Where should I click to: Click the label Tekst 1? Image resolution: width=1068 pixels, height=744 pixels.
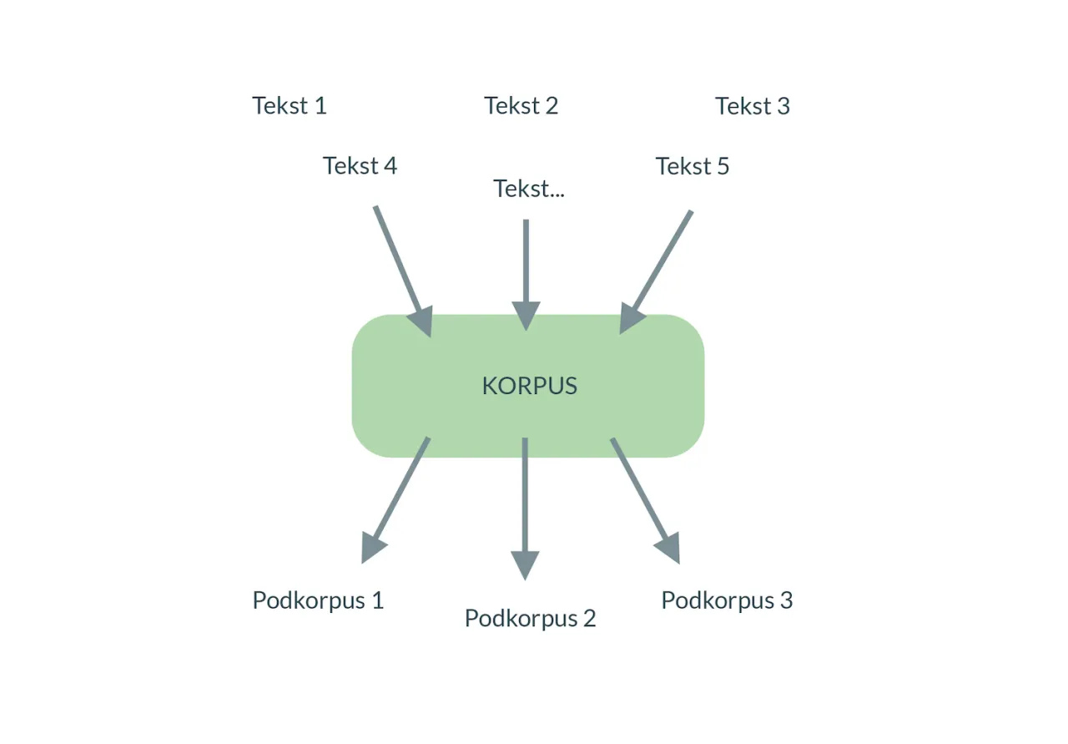tap(289, 106)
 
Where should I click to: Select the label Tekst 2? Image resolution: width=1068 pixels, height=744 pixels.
tap(521, 106)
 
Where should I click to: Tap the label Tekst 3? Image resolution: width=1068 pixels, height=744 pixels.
tap(752, 107)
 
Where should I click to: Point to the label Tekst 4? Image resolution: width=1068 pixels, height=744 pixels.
tap(360, 166)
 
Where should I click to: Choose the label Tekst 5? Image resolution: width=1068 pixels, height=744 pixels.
tap(692, 167)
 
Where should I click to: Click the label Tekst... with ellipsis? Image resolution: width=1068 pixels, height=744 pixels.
tap(528, 189)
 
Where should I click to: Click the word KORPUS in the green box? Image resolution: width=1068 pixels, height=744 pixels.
tap(529, 386)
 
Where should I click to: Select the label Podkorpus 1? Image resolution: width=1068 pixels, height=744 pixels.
tap(318, 600)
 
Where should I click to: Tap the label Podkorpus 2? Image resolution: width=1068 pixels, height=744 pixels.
tap(530, 619)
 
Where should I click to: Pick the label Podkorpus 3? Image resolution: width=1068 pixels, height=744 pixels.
tap(726, 600)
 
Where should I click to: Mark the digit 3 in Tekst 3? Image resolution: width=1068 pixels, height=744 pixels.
tap(782, 107)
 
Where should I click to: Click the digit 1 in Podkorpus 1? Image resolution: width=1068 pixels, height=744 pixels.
tap(377, 600)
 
